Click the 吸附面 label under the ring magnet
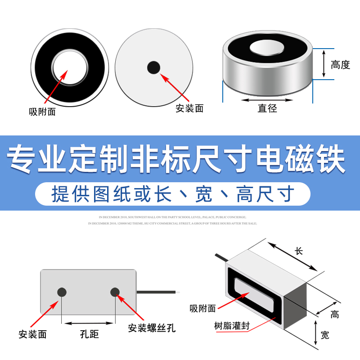(42, 112)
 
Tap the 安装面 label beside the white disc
(189, 108)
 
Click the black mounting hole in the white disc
(154, 67)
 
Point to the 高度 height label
(340, 65)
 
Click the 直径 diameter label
(267, 108)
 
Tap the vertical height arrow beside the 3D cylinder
(323, 63)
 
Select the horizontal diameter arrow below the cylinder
(267, 99)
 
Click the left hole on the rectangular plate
(62, 292)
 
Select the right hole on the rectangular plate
(115, 292)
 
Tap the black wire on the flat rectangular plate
(157, 292)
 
